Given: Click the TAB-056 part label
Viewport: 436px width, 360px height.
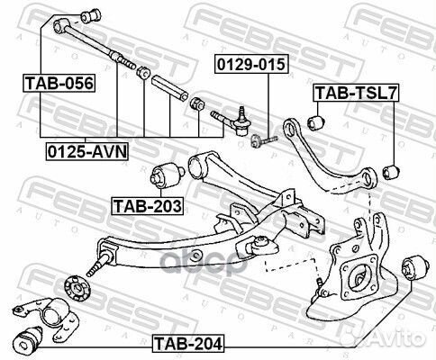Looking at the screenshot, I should coord(59,83).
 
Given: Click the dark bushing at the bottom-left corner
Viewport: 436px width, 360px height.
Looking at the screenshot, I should coord(28,342).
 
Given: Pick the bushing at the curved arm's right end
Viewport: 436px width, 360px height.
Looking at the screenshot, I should coord(389,169).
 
